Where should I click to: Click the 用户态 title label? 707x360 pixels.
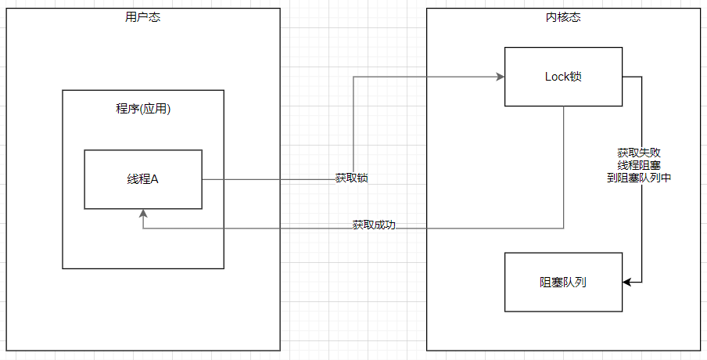(143, 17)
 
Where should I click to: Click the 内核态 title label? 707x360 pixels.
(563, 17)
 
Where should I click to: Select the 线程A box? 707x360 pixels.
(143, 179)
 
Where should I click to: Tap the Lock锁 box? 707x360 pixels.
(563, 77)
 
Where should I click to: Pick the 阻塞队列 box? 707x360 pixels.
(563, 282)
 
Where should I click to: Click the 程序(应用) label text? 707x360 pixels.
(143, 109)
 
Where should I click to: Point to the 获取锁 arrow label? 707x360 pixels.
(352, 178)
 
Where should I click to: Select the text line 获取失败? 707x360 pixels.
(639, 153)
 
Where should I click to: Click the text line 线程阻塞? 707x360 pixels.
(639, 165)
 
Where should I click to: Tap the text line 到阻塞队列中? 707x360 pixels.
(639, 178)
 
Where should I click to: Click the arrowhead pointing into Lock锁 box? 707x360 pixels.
(500, 77)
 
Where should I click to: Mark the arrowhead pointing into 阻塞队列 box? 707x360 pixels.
(627, 282)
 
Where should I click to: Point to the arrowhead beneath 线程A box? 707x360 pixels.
(143, 214)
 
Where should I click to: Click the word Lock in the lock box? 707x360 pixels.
(557, 77)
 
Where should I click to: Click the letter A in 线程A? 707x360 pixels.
(154, 179)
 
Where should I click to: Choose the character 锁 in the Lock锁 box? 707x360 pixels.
(576, 77)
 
